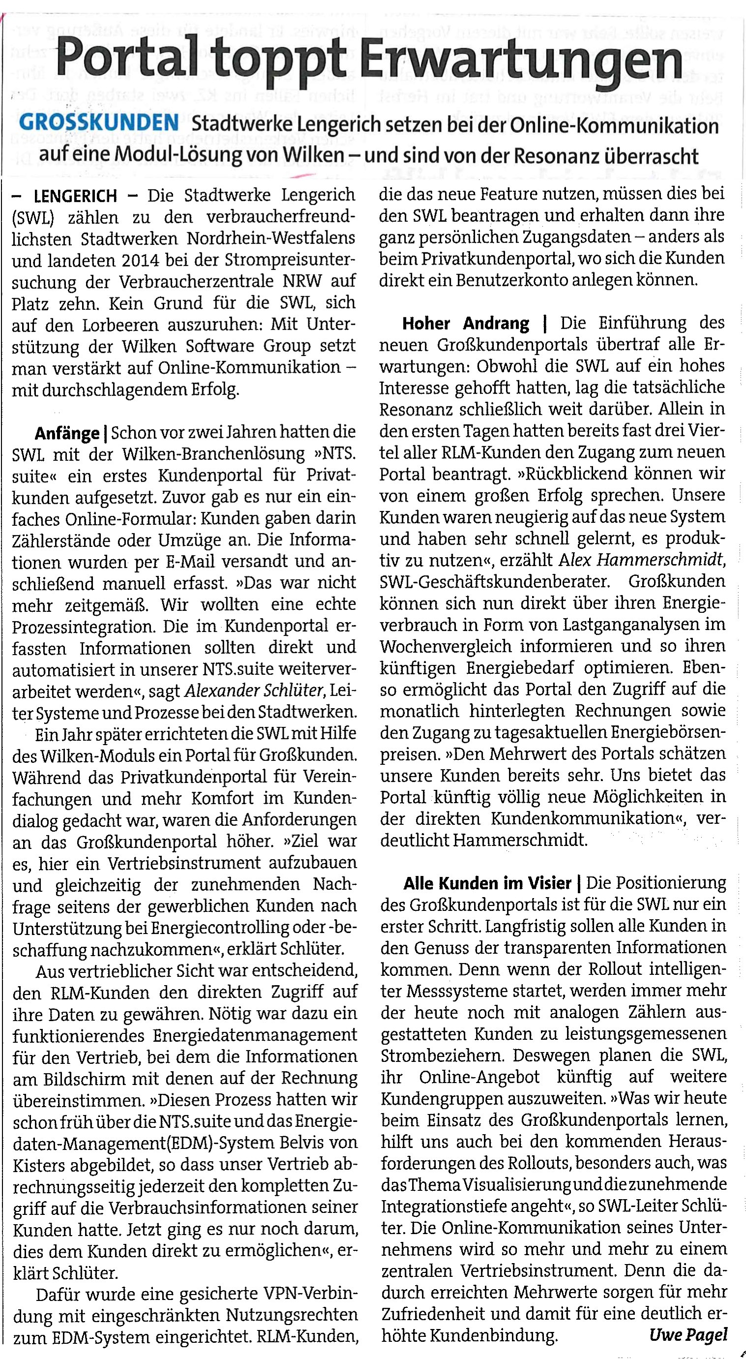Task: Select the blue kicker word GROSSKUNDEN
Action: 99,123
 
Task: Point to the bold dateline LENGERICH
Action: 75,196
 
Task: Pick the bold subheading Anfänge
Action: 67,434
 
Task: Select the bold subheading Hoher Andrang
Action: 465,323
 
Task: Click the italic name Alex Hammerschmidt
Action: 640,560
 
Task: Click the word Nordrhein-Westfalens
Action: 271,239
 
